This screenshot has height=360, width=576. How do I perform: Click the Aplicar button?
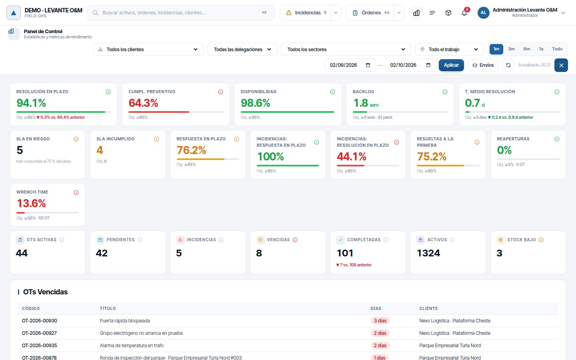(x=451, y=65)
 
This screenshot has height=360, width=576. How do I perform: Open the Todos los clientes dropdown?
(x=148, y=49)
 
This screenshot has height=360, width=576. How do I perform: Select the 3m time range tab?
(x=511, y=49)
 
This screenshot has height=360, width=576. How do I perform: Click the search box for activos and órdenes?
(x=181, y=13)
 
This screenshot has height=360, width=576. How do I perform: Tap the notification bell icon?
(x=464, y=13)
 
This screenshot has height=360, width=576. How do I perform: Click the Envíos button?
(x=483, y=65)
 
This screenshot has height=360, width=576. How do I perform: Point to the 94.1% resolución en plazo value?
(x=31, y=103)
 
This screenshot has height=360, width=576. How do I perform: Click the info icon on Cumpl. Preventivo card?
(x=220, y=92)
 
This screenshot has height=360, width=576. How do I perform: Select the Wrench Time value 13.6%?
(x=31, y=203)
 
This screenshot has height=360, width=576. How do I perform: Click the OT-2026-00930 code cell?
(x=39, y=321)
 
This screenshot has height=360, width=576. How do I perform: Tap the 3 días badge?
(x=380, y=321)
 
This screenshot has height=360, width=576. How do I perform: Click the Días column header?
(x=376, y=308)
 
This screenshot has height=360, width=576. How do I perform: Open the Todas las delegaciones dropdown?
(x=242, y=49)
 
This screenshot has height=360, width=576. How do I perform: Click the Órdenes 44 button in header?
(x=370, y=13)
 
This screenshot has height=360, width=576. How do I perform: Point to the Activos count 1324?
(x=428, y=253)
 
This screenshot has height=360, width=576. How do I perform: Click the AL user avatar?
(x=483, y=13)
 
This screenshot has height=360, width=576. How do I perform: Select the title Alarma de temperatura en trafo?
(x=131, y=345)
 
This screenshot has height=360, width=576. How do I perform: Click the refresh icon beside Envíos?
(x=508, y=65)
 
